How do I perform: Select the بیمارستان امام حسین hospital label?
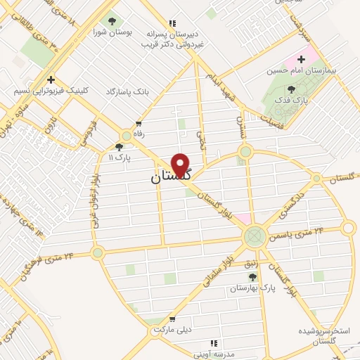pyautogui.click(x=299, y=70)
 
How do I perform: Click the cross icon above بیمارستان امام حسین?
pyautogui.click(x=303, y=58)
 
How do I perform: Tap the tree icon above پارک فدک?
pyautogui.click(x=291, y=89)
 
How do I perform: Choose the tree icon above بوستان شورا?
pyautogui.click(x=110, y=20)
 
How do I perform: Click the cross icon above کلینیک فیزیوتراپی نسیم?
pyautogui.click(x=50, y=79)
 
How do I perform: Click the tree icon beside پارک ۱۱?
pyautogui.click(x=119, y=147)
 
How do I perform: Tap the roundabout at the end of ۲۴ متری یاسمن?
pyautogui.click(x=347, y=228)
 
